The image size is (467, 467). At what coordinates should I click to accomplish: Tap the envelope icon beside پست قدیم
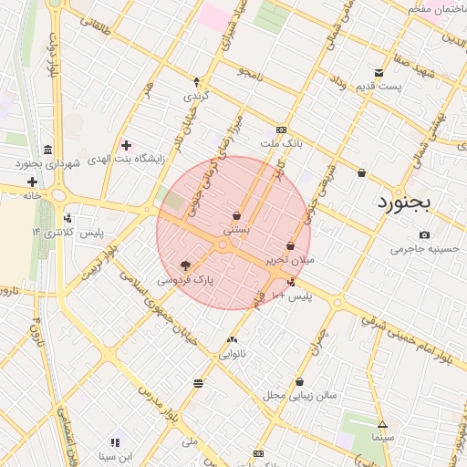click(x=379, y=73)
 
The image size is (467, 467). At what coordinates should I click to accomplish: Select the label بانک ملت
click(x=280, y=144)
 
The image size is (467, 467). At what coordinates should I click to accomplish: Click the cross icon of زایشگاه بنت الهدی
click(x=126, y=144)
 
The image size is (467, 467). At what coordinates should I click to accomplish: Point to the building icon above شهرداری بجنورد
click(x=47, y=150)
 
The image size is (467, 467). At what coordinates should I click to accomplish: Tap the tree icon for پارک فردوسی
click(x=186, y=265)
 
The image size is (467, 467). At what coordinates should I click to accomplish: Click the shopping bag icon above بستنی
click(x=237, y=216)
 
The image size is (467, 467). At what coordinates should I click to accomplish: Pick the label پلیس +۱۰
click(x=292, y=296)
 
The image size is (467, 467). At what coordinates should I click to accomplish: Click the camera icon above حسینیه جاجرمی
click(x=425, y=234)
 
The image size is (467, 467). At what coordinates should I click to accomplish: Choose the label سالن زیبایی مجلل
click(x=300, y=396)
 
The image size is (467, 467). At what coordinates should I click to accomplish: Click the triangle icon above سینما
click(x=382, y=424)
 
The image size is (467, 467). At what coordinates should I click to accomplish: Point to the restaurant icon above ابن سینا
click(x=116, y=441)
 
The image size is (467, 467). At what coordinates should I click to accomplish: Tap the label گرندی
click(x=197, y=96)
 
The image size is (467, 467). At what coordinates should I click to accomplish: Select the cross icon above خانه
click(x=32, y=182)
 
